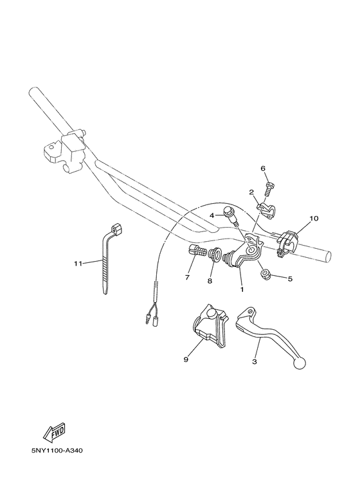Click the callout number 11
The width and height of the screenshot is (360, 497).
[78, 263]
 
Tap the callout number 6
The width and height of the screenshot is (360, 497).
[263, 168]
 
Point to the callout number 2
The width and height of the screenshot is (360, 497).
[251, 192]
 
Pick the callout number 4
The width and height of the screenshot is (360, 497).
[210, 215]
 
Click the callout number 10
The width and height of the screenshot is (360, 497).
[314, 219]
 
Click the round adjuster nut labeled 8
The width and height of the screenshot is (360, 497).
[215, 257]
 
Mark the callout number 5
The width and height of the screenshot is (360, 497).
[289, 279]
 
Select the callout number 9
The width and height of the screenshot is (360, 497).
[186, 360]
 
